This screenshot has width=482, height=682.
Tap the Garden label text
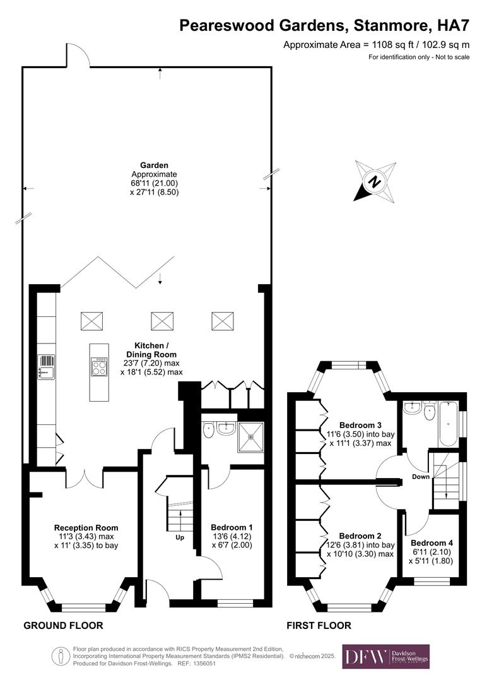[x=155, y=165]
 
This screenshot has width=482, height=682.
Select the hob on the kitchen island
[x=100, y=367]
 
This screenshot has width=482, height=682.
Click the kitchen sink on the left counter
[x=46, y=366]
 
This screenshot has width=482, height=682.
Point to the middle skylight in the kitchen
[x=162, y=321]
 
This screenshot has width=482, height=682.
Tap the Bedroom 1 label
[x=232, y=527]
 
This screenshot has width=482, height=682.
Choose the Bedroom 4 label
[x=432, y=542]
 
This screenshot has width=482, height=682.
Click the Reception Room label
[x=86, y=528]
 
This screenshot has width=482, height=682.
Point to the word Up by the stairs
[x=180, y=538]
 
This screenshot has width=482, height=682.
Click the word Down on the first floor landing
[x=421, y=477]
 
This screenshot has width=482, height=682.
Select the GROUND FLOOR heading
[x=63, y=626]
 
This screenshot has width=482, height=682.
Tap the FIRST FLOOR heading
[x=319, y=626]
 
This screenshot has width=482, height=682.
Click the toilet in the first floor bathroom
[x=430, y=411]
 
